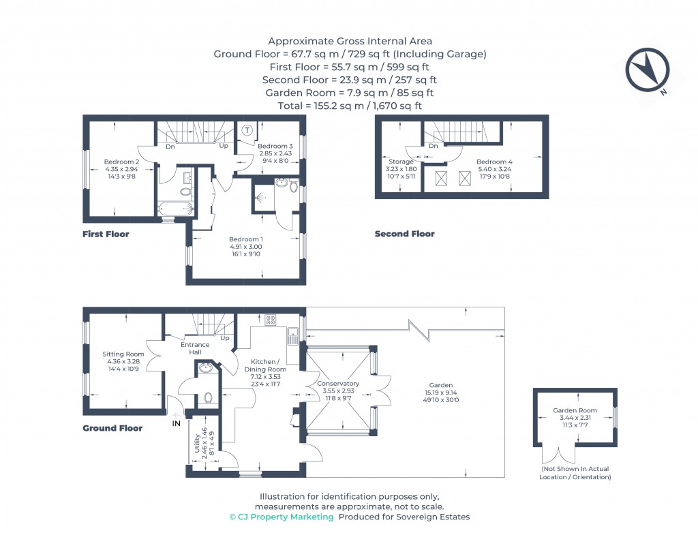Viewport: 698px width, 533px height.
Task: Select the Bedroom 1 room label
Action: (x=245, y=239)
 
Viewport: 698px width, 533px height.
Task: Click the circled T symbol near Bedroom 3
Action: (x=247, y=130)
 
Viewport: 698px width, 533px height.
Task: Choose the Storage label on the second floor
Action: (x=401, y=162)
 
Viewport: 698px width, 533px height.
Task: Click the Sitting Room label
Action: (x=123, y=354)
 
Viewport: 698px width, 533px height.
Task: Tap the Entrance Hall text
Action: (x=195, y=348)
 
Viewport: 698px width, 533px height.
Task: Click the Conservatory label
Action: (x=338, y=383)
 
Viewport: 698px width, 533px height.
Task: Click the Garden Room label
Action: (x=575, y=410)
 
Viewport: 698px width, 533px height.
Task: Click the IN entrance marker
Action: (x=176, y=423)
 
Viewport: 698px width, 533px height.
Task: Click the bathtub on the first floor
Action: (x=174, y=208)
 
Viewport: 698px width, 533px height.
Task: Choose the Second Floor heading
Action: (x=404, y=234)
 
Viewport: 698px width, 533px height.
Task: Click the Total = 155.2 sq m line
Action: (x=350, y=106)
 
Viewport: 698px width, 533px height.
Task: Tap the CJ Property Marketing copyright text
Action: (x=282, y=517)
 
